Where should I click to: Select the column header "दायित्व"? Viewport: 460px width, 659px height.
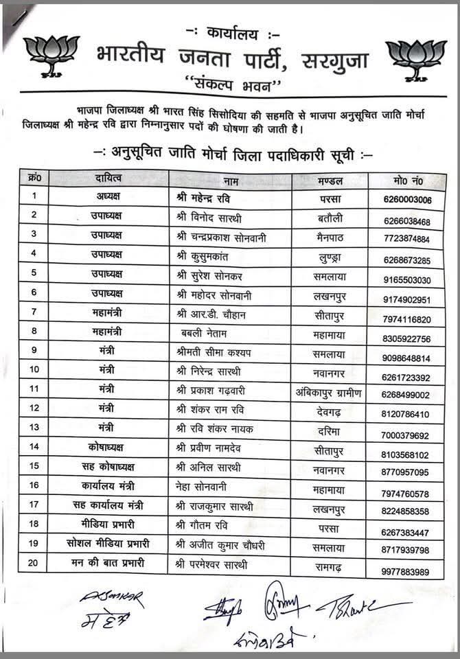110,179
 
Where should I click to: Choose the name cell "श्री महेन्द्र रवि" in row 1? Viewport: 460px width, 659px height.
203,198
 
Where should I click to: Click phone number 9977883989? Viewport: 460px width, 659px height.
408,572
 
